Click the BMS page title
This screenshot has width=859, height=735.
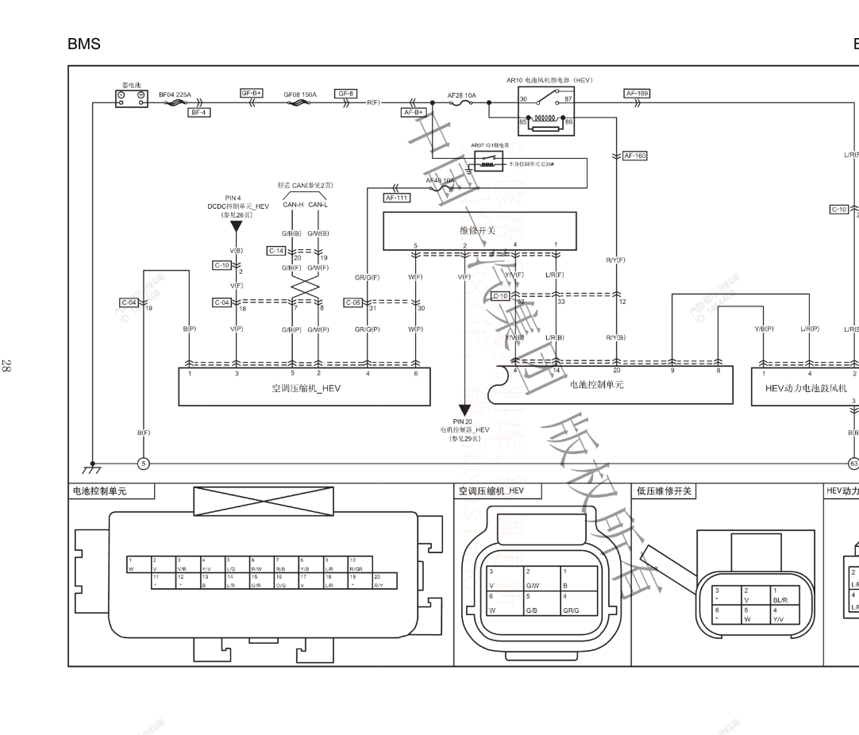pos(84,44)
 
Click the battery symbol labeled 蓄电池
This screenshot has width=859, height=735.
pos(132,98)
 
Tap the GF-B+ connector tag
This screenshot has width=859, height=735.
pos(252,93)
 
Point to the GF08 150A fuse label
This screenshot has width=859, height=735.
pos(300,94)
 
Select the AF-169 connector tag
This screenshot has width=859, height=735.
pos(638,93)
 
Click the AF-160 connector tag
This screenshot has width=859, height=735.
pos(635,156)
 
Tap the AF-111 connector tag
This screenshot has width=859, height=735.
pos(396,198)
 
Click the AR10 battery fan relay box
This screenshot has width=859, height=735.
pos(545,111)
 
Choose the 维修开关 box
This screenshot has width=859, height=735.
pos(477,230)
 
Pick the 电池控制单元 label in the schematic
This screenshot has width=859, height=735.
pos(597,384)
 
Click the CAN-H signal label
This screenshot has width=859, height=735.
pos(293,204)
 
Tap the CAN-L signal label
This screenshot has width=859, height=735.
pos(318,204)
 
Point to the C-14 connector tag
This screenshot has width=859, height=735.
pos(276,251)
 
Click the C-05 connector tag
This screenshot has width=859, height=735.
pos(353,302)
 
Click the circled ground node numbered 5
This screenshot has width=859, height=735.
pos(144,464)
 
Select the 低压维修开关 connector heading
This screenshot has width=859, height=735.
pos(664,491)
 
